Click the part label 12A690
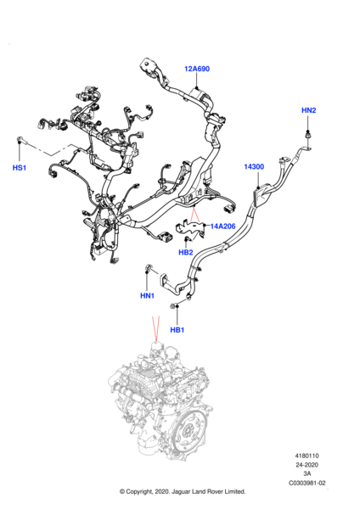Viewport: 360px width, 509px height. pos(197,69)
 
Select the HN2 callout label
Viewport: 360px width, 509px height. pos(308,110)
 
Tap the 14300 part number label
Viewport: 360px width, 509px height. pos(254,167)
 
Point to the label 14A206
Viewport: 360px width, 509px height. pos(223,227)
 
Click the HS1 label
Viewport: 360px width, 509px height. pos(20,168)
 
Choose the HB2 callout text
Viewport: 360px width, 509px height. pos(186,252)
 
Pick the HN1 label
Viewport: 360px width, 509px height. pos(147,296)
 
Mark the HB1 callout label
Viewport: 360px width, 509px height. pos(177,330)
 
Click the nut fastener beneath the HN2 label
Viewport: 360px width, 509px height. pos(307,134)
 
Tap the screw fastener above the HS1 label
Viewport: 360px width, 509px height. pos(20,140)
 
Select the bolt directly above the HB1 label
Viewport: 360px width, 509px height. pos(174,305)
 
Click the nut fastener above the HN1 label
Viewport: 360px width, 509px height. pos(149,268)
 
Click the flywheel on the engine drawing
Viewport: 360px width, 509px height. pos(188,431)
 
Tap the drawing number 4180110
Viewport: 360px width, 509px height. pos(307,456)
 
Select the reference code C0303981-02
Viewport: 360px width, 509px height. pos(307,483)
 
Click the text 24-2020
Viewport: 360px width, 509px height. pos(307,465)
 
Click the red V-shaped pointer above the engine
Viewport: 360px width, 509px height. pos(156,328)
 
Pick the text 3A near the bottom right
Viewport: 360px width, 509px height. pos(307,474)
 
